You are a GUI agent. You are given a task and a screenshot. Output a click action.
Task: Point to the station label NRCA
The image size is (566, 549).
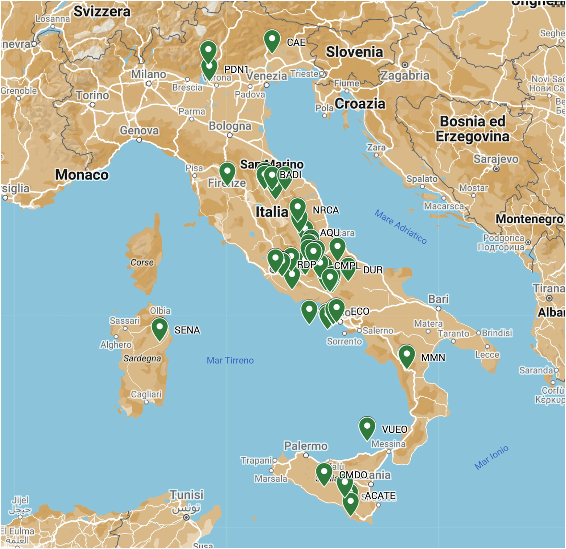point(326,210)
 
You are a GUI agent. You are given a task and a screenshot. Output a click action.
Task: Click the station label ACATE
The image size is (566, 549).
point(380,495)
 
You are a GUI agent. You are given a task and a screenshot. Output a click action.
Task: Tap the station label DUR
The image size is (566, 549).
point(373,270)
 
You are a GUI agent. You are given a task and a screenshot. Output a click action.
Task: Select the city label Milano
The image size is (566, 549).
point(149,74)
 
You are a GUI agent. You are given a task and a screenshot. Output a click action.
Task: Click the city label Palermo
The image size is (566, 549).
point(306,446)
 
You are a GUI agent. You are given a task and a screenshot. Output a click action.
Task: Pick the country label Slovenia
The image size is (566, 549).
point(354,52)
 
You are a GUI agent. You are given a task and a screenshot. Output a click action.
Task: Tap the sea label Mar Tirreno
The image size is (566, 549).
point(230,360)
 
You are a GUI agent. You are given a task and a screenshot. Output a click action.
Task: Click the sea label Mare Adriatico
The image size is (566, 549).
point(400,227)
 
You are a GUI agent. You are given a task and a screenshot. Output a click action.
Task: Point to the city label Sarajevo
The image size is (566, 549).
point(496,159)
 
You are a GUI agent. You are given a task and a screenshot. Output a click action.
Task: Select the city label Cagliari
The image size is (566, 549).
point(146,394)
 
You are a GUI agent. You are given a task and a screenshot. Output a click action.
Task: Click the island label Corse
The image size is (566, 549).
point(142,262)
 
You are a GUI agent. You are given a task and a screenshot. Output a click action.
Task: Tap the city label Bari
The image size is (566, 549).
point(438,299)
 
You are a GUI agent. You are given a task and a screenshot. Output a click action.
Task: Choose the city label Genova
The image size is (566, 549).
point(139,130)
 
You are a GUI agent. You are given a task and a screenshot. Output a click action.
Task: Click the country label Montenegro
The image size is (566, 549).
point(529,219)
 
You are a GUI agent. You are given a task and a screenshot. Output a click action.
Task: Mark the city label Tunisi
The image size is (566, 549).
point(187,495)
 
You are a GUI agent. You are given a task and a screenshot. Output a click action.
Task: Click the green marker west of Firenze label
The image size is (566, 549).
point(227,172)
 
